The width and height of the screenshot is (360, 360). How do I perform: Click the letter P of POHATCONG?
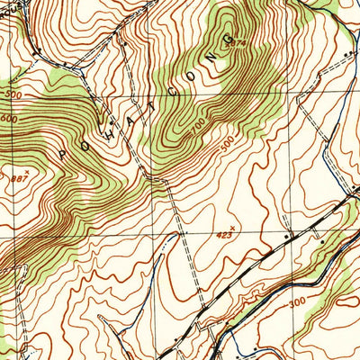click(x=62, y=154)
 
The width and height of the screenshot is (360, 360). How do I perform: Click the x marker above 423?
click(x=234, y=226)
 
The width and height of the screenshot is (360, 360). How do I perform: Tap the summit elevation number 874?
click(x=237, y=41)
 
